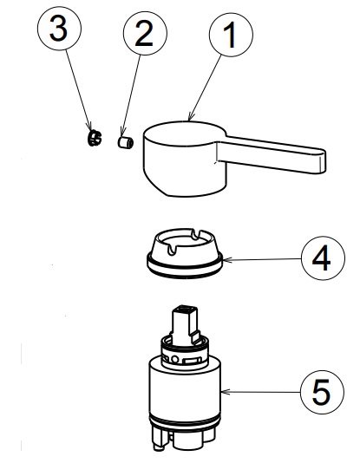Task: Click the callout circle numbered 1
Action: (x=231, y=35)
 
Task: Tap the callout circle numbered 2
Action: (x=145, y=33)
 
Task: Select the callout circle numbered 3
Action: (x=59, y=29)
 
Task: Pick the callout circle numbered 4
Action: (x=323, y=258)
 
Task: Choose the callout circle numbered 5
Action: (x=322, y=392)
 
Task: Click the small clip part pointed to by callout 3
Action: (x=95, y=138)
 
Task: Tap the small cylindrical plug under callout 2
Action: (x=125, y=142)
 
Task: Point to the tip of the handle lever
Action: (x=324, y=161)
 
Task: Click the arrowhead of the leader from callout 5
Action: (x=225, y=392)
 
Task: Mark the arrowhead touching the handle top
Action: (x=191, y=117)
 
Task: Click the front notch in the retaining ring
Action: (x=171, y=250)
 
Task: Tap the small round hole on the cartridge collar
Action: (x=175, y=359)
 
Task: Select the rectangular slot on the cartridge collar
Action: (x=192, y=361)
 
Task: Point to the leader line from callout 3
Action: (x=78, y=90)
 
